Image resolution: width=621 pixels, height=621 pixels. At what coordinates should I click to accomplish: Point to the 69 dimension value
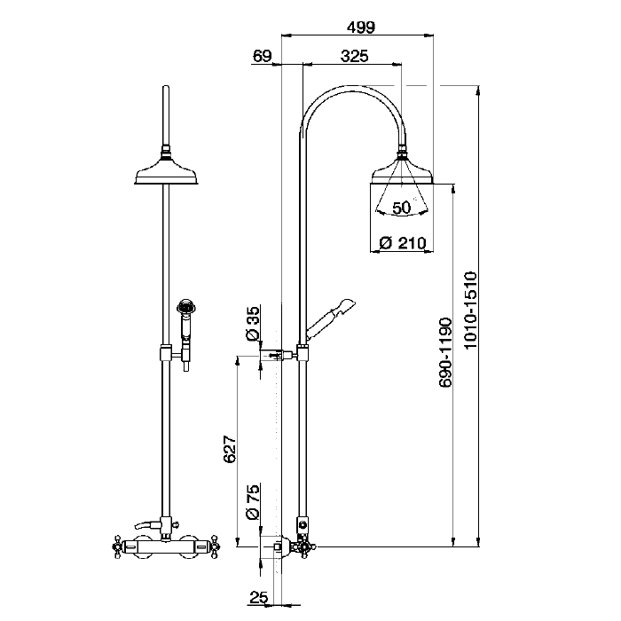coord(262,56)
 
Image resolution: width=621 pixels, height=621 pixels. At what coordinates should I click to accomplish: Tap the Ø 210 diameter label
coord(402,242)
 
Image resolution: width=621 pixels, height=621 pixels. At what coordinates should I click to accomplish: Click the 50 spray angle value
coord(401,208)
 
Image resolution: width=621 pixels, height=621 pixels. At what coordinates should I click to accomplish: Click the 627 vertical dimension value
coord(229,450)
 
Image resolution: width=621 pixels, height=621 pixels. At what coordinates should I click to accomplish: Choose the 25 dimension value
coord(258,598)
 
